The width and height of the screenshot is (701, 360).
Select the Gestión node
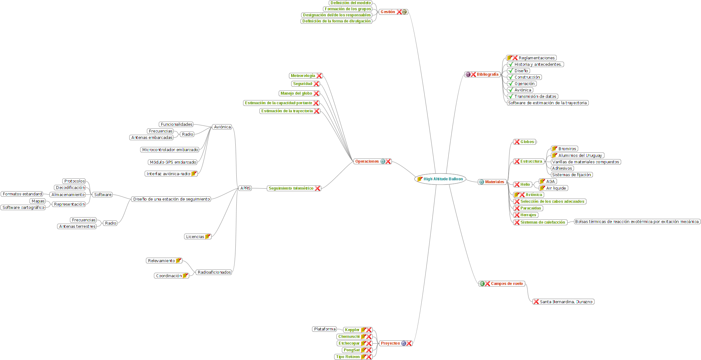(x=388, y=12)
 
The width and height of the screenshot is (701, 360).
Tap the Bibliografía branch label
(x=487, y=74)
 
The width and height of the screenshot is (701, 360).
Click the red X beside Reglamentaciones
(x=515, y=58)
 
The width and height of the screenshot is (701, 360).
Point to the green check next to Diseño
(x=511, y=71)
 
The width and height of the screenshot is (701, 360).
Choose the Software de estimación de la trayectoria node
(x=547, y=103)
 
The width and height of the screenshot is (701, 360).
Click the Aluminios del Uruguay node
(x=580, y=156)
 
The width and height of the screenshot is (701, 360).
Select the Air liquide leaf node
(x=556, y=188)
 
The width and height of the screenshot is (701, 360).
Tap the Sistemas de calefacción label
(x=543, y=222)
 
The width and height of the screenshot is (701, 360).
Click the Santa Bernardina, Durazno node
(x=566, y=302)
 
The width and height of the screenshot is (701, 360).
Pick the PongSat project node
(x=351, y=350)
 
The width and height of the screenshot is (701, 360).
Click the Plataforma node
(x=325, y=329)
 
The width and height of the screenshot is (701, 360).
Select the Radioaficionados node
(x=214, y=272)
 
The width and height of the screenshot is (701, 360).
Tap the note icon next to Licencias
(x=208, y=237)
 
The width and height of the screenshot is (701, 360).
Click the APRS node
(x=245, y=188)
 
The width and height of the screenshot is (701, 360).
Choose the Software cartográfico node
(x=23, y=208)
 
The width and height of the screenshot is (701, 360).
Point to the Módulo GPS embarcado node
(x=173, y=162)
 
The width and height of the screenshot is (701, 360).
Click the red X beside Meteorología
(x=319, y=76)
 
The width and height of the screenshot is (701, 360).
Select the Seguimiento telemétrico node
(x=291, y=188)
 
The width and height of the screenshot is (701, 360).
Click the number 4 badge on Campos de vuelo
(x=482, y=284)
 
